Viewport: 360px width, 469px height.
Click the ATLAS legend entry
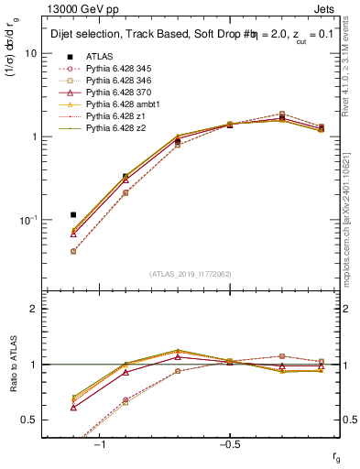click(100, 56)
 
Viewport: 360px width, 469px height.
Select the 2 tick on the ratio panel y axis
click(34, 309)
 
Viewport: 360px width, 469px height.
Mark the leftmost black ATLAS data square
click(73, 214)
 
